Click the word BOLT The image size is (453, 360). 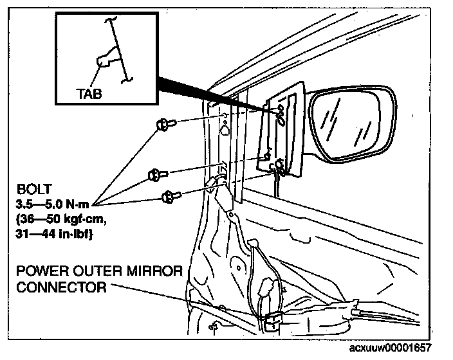pyautogui.click(x=31, y=191)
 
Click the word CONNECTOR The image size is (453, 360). pyautogui.click(x=61, y=287)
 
